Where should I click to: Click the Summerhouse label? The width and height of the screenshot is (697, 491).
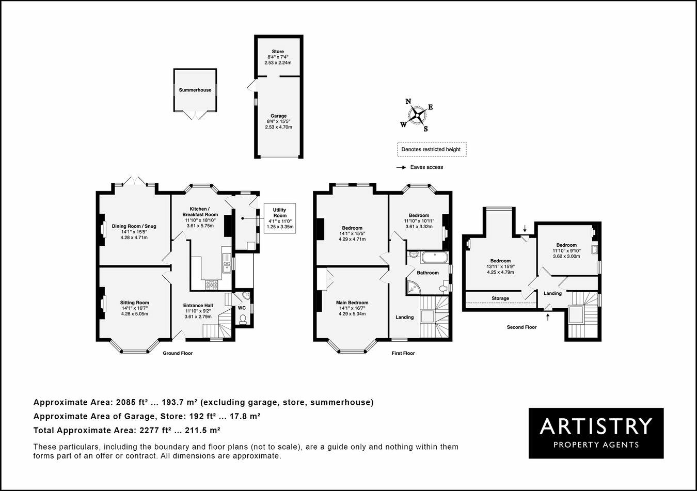tap(195, 90)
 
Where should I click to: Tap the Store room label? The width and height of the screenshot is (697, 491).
tap(278, 52)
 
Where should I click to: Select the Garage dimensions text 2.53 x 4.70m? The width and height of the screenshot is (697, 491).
tap(278, 127)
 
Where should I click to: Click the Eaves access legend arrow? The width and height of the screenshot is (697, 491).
tap(400, 167)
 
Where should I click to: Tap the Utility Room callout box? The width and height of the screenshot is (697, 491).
tap(279, 218)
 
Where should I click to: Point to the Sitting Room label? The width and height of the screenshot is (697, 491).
tap(134, 303)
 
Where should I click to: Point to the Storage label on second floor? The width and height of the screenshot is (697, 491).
tap(500, 298)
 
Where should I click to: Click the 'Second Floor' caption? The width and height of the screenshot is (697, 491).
tap(521, 327)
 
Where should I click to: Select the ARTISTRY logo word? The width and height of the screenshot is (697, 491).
tap(596, 426)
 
